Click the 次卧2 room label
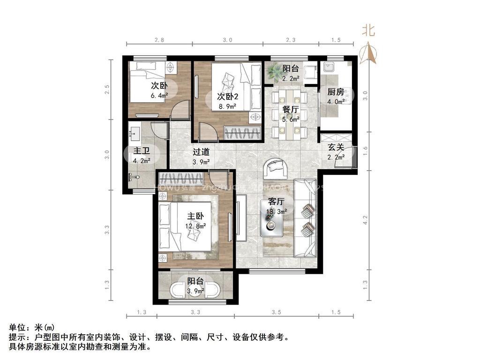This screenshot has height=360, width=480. pos(228,97)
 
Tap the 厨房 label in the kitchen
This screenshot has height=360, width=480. pos(336,91)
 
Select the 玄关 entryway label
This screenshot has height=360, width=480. pos(336,147)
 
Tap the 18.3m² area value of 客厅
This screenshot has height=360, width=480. pos(276,211)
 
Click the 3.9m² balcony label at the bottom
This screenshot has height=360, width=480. pos(195,291)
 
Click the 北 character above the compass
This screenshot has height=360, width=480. pos(368,30)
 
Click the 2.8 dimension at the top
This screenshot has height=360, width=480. pos(159,40)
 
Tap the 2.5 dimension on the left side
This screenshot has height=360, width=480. pos(107,89)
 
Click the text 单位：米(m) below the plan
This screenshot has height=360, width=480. pos(32,328)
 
